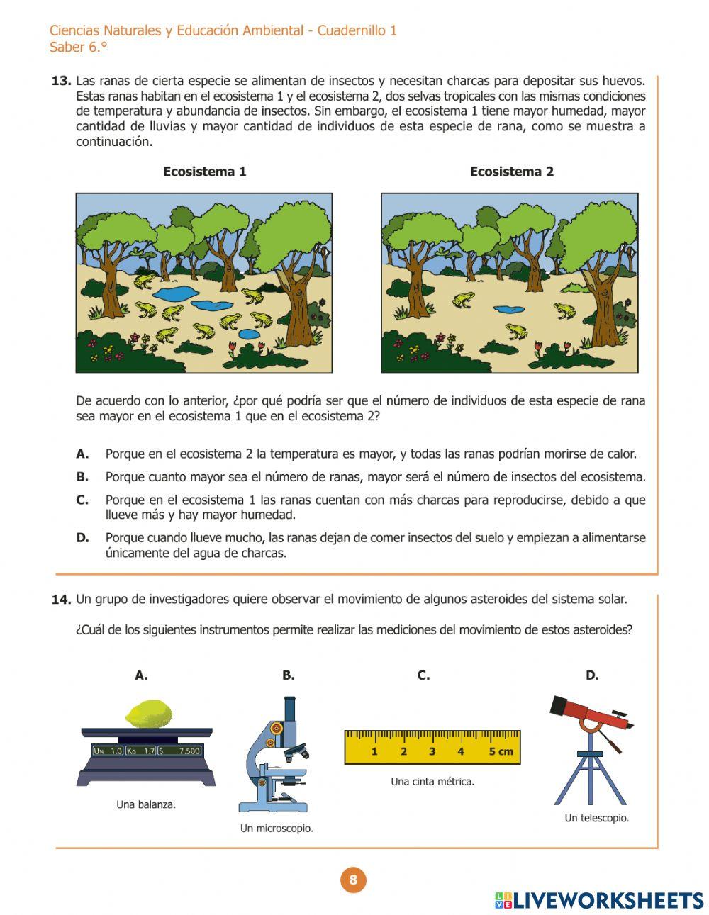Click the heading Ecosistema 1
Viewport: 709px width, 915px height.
click(204, 172)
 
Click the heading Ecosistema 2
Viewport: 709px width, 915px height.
click(511, 172)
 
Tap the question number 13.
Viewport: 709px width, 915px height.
click(61, 81)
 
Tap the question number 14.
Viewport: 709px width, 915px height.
click(61, 600)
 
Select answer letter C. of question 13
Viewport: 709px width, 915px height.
click(82, 500)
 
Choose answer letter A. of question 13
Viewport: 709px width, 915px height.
click(82, 454)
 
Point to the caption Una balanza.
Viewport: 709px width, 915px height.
click(146, 804)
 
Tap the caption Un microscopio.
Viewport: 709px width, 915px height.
click(277, 828)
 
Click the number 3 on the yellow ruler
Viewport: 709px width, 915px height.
click(432, 751)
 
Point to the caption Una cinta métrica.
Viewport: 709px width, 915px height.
click(432, 782)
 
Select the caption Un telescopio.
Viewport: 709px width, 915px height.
click(596, 818)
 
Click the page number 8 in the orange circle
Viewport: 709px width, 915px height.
click(353, 880)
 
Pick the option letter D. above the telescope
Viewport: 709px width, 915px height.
click(592, 675)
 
